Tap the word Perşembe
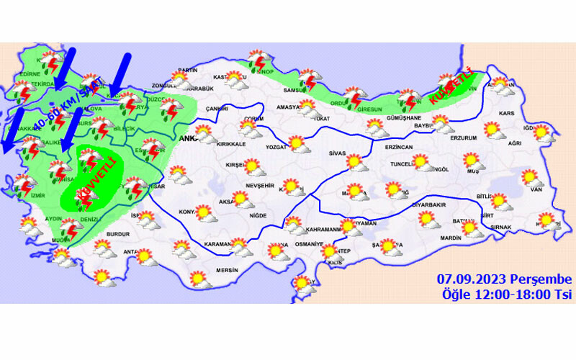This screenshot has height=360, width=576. [x=540, y=279]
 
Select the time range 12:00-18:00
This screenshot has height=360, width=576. [x=510, y=294]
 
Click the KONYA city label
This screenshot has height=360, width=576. [x=186, y=211]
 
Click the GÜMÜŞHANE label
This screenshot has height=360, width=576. [x=403, y=117]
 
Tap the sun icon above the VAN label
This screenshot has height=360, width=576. [x=531, y=176]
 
